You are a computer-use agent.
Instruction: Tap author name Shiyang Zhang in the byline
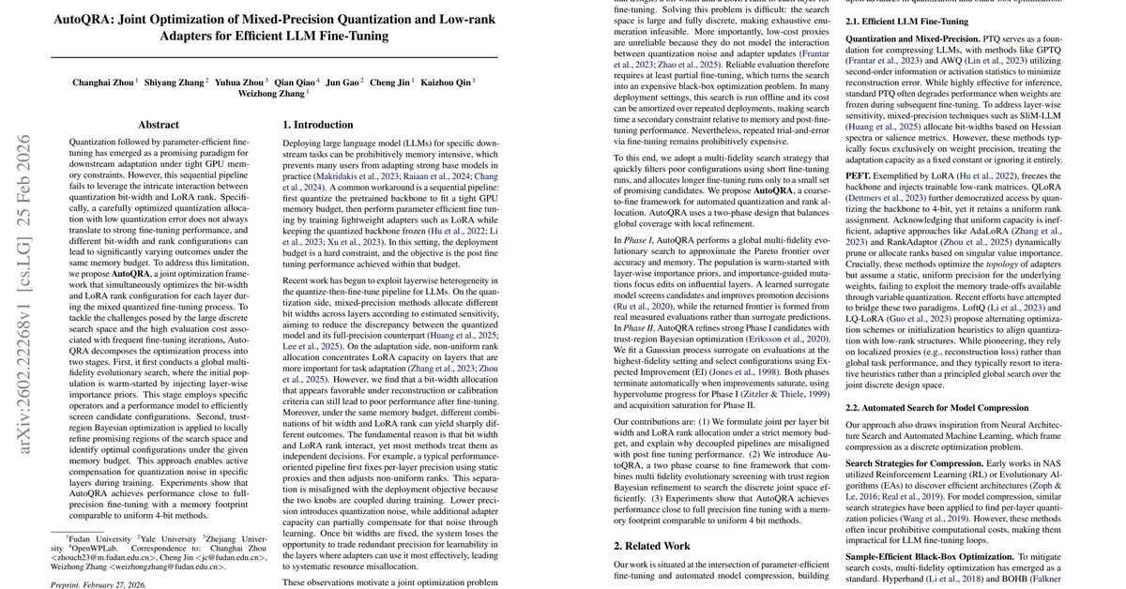pos(175,83)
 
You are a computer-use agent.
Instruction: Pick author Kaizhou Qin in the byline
pos(445,83)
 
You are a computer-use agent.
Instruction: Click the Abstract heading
pos(158,124)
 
